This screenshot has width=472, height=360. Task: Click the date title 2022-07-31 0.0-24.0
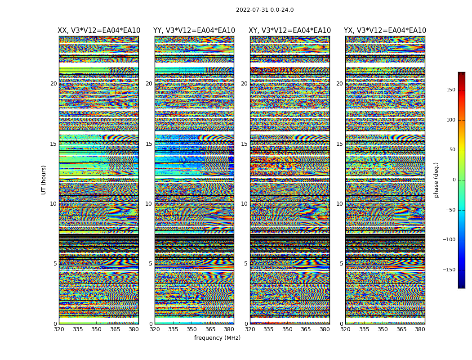[265, 10]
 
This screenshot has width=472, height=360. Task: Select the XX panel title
[99, 31]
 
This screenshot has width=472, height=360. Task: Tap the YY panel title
[194, 31]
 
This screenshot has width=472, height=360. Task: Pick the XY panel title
[290, 31]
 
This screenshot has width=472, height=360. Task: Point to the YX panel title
[385, 31]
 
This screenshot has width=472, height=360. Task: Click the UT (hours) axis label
[44, 180]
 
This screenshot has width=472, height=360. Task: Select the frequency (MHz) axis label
[217, 338]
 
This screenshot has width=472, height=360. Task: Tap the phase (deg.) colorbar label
[436, 180]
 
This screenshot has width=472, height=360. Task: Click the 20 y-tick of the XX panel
[53, 84]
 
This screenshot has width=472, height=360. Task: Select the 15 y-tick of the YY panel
[149, 144]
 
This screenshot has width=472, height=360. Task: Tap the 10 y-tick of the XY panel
[244, 204]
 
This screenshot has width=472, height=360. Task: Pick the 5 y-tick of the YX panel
[341, 264]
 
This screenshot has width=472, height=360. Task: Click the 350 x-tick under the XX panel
[96, 329]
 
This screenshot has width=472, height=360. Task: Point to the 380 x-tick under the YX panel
[420, 329]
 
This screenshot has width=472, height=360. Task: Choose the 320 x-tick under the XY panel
[250, 329]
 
